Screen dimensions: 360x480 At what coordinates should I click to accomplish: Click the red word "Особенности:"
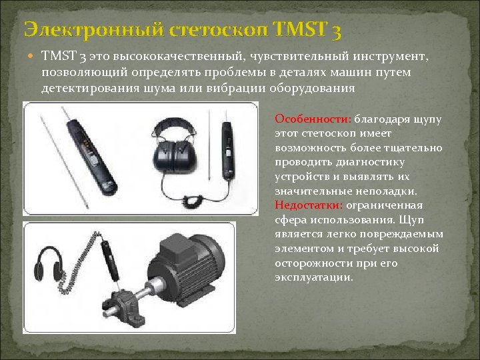point(312,119)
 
